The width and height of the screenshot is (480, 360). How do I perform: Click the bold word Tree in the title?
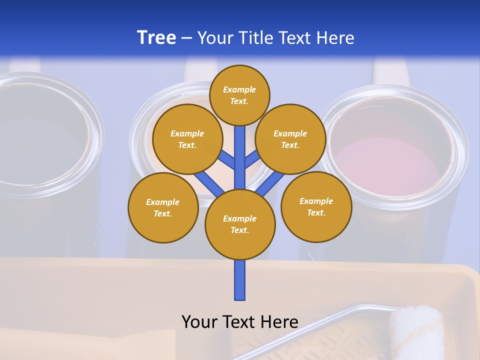(x=156, y=37)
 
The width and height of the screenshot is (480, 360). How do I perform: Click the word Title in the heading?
(x=255, y=37)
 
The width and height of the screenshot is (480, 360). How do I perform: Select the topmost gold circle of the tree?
(x=239, y=95)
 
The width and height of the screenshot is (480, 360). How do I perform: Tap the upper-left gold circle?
(x=187, y=139)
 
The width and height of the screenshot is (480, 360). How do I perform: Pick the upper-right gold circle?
(x=290, y=139)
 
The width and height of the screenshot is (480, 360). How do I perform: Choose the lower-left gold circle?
(x=163, y=207)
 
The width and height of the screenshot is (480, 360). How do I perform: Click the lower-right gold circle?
(x=316, y=206)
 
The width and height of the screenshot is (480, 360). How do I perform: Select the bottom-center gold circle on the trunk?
(x=240, y=224)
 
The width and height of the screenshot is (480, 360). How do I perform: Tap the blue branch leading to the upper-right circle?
(x=252, y=159)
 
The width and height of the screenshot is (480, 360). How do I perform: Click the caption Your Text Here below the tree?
(x=239, y=321)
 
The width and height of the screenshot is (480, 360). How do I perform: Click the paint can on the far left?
(x=40, y=150)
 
